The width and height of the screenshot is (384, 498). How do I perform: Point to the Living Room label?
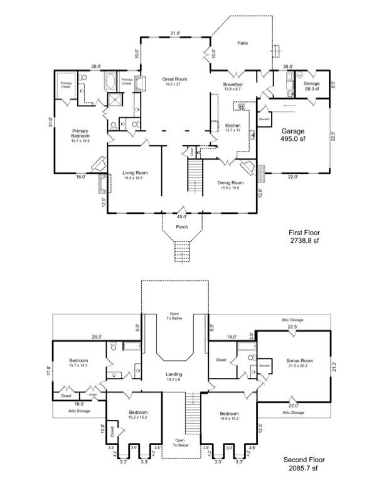point(135,175)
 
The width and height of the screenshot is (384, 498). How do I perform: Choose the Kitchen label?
point(233,128)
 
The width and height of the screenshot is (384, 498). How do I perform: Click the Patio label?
point(242,43)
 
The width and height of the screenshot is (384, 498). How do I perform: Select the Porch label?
point(181,228)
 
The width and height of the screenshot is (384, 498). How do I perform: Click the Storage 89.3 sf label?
point(312,86)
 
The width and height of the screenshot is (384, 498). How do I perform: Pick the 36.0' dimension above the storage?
point(288,65)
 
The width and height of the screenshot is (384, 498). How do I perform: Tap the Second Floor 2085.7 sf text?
point(304,463)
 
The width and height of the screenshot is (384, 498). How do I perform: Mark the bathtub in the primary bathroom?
point(110,82)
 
